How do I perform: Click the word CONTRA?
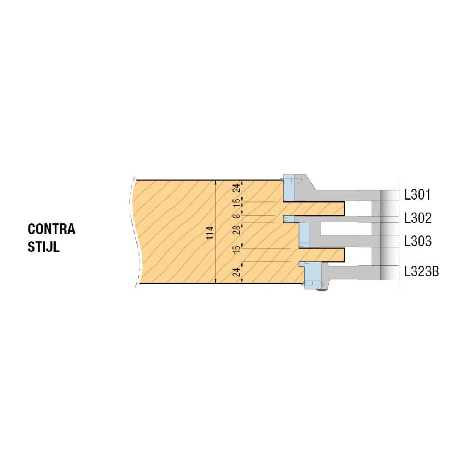[x=51, y=229]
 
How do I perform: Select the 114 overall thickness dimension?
[x=210, y=233]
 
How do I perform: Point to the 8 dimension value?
[x=237, y=215]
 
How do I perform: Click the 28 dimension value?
[x=237, y=230]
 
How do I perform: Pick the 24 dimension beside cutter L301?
[x=237, y=188]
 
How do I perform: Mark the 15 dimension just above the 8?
[x=237, y=202]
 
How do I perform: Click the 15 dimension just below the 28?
[x=237, y=249]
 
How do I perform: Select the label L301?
[x=417, y=194]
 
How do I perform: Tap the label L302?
[x=418, y=218]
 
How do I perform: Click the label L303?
[x=418, y=241]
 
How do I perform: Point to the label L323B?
[x=421, y=271]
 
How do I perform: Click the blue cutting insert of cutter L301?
[x=289, y=188]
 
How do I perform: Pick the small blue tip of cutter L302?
[x=289, y=219]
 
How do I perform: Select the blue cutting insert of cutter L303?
[x=304, y=235]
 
